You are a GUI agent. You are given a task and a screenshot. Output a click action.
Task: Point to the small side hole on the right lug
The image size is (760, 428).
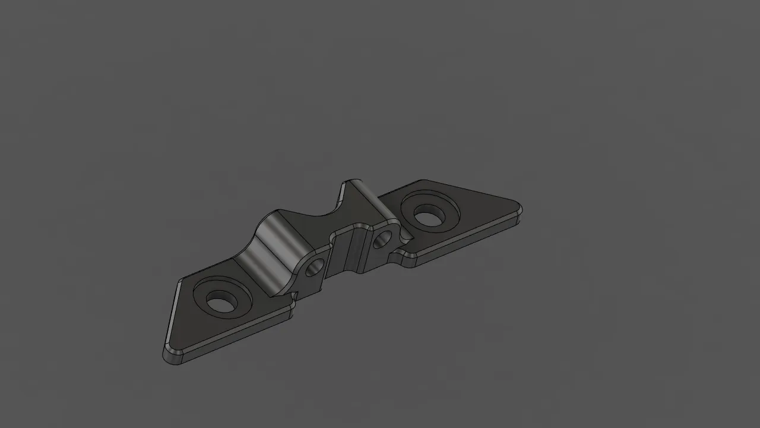[382, 238]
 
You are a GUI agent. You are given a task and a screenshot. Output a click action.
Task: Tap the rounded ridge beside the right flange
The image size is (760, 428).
[362, 196]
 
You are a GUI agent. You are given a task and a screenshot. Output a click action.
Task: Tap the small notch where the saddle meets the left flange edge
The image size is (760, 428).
[293, 295]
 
